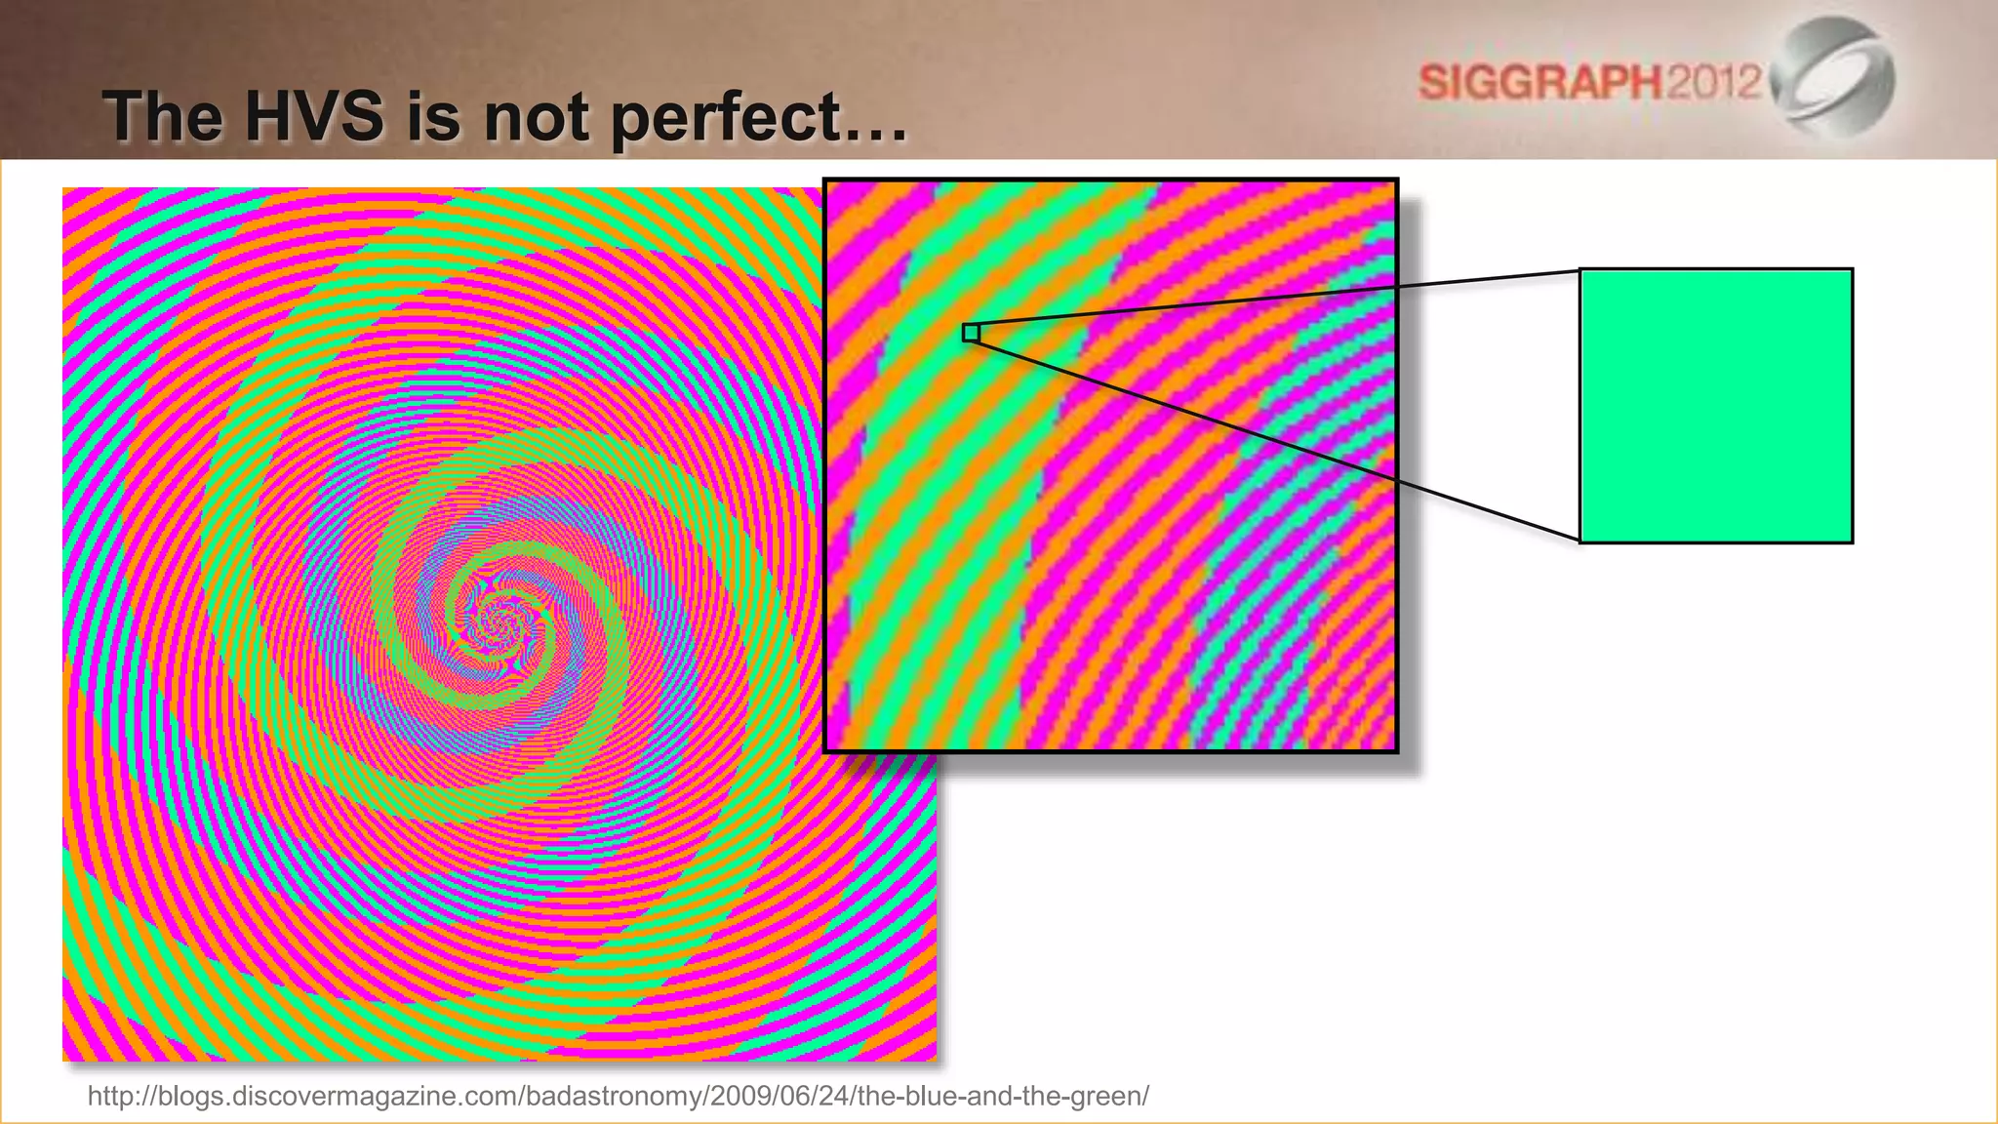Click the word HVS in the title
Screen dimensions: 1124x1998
point(313,116)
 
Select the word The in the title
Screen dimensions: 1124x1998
point(163,116)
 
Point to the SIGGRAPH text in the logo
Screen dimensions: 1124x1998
point(1539,82)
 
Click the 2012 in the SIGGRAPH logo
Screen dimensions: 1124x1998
point(1713,81)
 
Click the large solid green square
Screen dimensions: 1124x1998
point(1715,406)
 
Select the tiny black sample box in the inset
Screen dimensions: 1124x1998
point(971,333)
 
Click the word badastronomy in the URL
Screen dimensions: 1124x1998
point(614,1097)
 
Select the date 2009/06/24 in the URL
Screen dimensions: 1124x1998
point(780,1097)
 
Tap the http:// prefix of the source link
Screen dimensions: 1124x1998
point(117,1097)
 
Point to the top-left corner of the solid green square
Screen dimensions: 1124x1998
point(1581,270)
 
